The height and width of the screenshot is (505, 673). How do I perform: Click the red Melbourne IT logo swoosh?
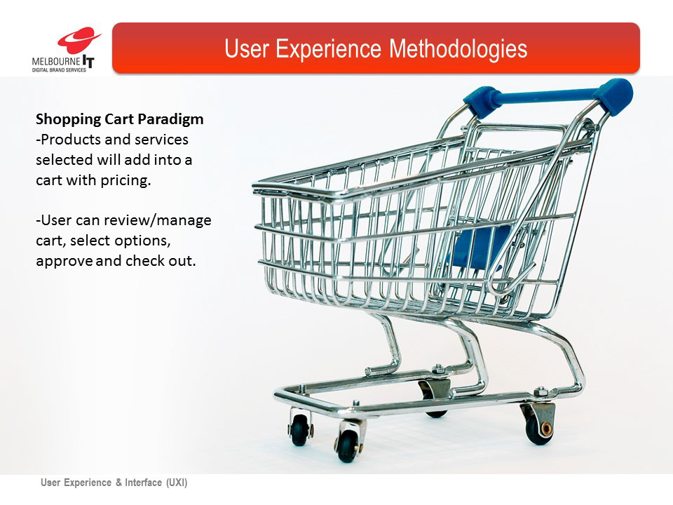pos(79,40)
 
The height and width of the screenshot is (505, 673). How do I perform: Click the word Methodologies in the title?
pos(458,48)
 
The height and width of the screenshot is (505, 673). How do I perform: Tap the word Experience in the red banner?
pos(328,48)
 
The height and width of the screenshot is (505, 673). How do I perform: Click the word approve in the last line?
pos(64,262)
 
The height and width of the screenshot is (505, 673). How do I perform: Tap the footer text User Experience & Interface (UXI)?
pos(114,483)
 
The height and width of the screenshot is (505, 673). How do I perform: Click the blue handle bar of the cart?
pos(546,96)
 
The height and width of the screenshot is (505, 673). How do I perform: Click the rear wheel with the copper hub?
pos(540,428)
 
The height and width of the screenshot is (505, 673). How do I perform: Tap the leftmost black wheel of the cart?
pos(299,430)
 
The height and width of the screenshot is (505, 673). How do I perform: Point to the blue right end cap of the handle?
pos(614,97)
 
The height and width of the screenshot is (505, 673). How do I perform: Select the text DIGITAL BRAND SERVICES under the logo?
pos(59,70)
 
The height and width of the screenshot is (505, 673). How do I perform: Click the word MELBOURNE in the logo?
pos(56,62)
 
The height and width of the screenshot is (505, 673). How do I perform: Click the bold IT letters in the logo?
pos(88,62)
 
